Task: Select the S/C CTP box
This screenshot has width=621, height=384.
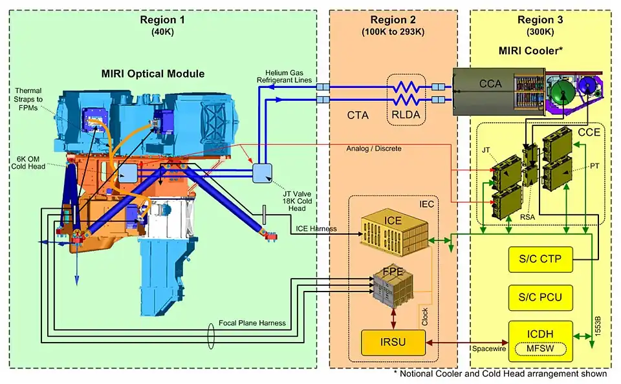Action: pyautogui.click(x=540, y=260)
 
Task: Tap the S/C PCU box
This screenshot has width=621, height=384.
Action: pyautogui.click(x=540, y=297)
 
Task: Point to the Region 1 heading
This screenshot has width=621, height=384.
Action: pyautogui.click(x=162, y=19)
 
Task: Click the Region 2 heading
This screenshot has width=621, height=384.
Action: pyautogui.click(x=393, y=19)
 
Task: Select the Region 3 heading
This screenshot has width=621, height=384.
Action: pyautogui.click(x=540, y=19)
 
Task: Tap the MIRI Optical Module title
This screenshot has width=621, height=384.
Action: pyautogui.click(x=162, y=74)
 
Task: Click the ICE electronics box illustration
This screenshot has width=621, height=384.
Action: pyautogui.click(x=392, y=229)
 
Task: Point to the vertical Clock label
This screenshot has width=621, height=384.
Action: pyautogui.click(x=424, y=317)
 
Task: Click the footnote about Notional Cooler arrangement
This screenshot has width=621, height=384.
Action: pyautogui.click(x=499, y=374)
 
